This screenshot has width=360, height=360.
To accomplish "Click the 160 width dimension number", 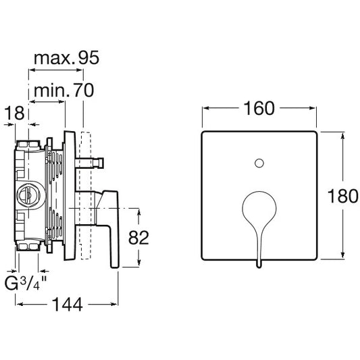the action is click(x=259, y=108).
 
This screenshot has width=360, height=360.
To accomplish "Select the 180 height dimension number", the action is click(x=343, y=196).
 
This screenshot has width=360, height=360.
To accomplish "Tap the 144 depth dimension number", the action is click(x=68, y=305).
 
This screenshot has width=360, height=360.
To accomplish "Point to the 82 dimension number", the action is click(x=138, y=238).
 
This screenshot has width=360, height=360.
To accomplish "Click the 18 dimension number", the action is click(x=14, y=113).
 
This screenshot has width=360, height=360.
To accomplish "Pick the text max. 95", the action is click(x=67, y=57).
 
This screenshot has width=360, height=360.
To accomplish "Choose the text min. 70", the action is click(x=63, y=91).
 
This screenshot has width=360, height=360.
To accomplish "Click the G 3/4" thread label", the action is click(x=26, y=283).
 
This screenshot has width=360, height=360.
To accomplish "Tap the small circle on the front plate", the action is click(x=259, y=163).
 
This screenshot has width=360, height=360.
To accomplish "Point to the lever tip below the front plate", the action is click(x=259, y=265).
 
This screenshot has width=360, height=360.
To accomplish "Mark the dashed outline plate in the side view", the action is click(x=86, y=195).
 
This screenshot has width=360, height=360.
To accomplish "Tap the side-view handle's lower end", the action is click(x=114, y=265).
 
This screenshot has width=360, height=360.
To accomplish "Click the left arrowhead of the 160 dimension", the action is click(x=206, y=108).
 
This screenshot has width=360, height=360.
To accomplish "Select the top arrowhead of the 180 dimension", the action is click(x=343, y=136).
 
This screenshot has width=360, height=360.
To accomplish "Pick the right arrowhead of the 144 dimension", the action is click(x=114, y=305).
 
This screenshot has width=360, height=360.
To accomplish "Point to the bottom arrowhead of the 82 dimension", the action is click(x=138, y=263).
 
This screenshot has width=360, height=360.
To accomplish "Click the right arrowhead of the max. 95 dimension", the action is click(x=80, y=70).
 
